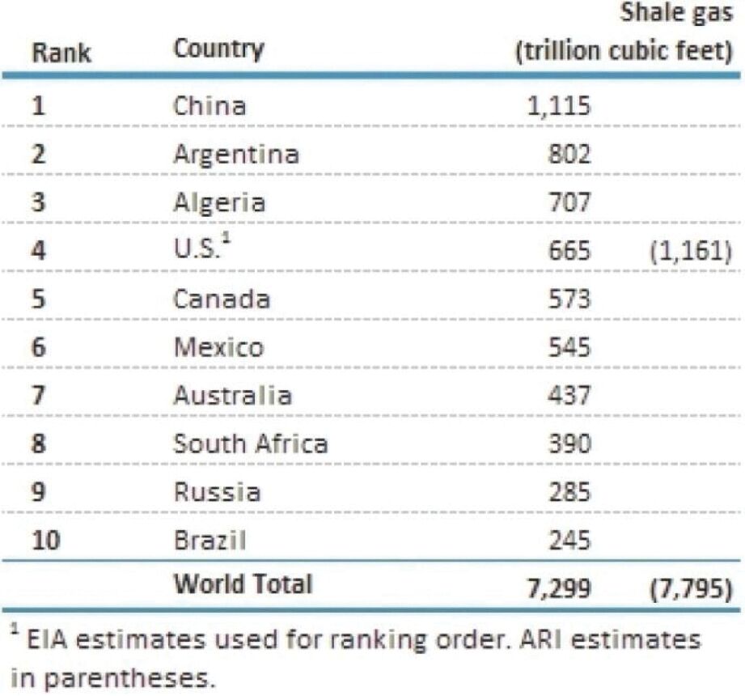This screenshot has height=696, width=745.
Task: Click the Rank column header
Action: pos(61,53)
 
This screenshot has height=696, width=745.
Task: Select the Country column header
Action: pos(219,49)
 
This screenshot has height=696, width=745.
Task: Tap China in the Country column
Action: pos(210,105)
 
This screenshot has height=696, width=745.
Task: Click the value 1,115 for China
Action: pos(559,105)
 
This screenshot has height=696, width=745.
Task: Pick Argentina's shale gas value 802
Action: pos(569,154)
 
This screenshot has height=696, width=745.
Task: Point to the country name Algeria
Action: pos(219,203)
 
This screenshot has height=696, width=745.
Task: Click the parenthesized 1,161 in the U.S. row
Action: pos(691,251)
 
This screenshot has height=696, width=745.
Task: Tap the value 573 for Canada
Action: pos(569,299)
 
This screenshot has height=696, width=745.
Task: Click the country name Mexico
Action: pos(218,347)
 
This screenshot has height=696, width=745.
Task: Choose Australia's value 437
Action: pos(569,396)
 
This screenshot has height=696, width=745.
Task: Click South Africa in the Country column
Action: pos(251,443)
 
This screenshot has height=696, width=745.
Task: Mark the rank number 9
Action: pos(39,492)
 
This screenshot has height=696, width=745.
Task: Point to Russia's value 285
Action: pos(569,492)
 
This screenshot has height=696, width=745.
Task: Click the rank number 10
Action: pos(46,541)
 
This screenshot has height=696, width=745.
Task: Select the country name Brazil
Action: pos(210,541)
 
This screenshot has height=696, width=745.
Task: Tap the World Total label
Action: pos(243,584)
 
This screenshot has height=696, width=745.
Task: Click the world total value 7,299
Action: pos(559,588)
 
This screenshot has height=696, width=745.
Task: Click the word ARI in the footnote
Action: pos(541,640)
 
